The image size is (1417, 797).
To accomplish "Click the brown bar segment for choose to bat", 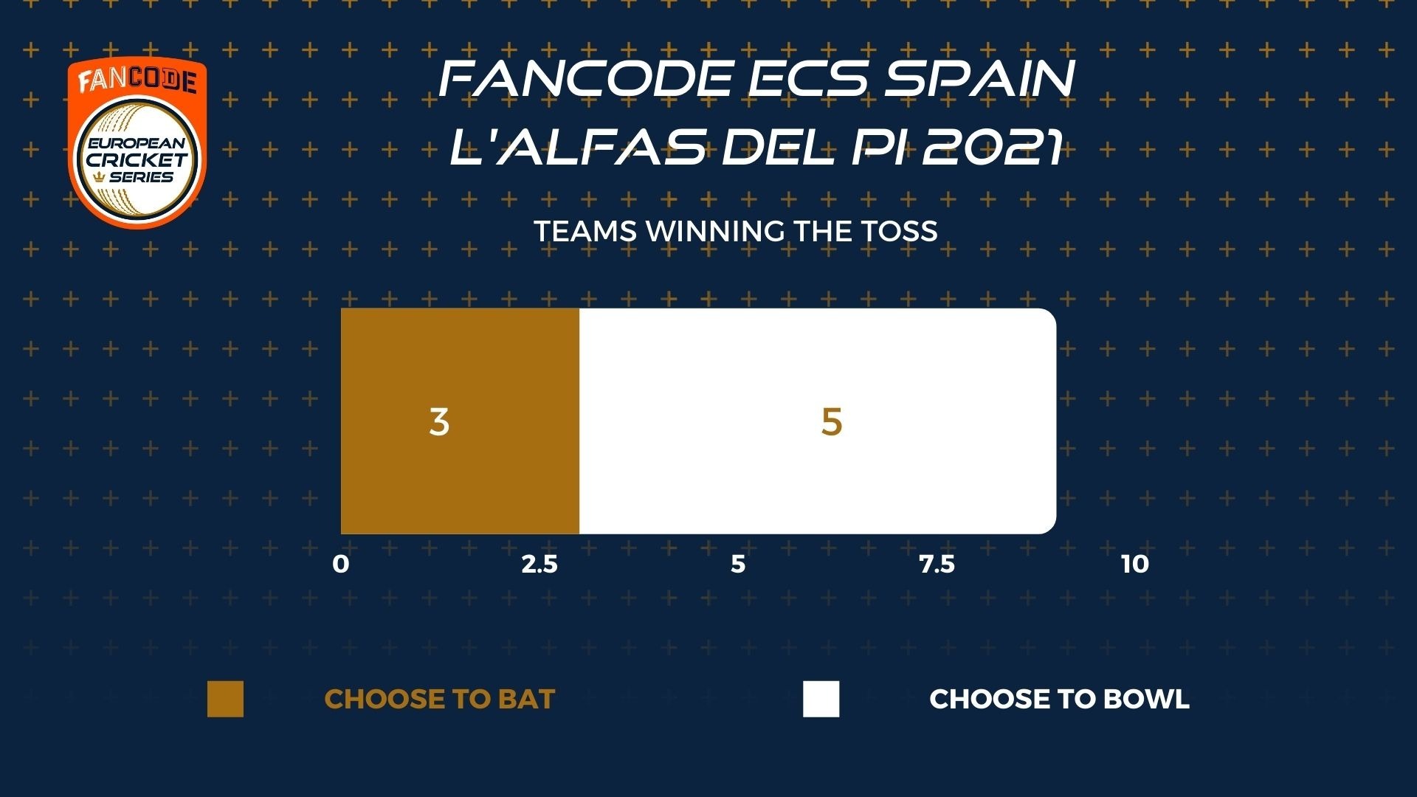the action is point(460,421).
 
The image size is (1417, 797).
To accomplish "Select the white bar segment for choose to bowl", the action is point(818,421).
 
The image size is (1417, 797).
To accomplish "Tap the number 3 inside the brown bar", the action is point(439,422).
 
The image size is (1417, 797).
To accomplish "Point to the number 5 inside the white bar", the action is point(832,422).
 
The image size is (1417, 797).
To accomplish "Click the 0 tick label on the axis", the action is point(340,565).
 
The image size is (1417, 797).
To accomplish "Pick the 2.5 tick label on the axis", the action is point(539,565).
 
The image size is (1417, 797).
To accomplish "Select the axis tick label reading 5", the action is point(738,565).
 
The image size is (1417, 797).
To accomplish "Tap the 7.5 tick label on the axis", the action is point(937,565).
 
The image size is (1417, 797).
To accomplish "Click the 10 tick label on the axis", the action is point(1135,565).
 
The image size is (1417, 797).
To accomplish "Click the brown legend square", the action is point(225,699).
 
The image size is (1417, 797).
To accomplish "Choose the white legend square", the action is point(821,699).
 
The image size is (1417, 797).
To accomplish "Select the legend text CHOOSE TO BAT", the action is point(440,699).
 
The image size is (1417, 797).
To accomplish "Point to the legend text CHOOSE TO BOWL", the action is point(1060,699).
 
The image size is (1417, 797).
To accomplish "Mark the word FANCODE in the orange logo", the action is point(137,80).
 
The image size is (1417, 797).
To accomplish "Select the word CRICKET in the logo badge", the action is point(137,159).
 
